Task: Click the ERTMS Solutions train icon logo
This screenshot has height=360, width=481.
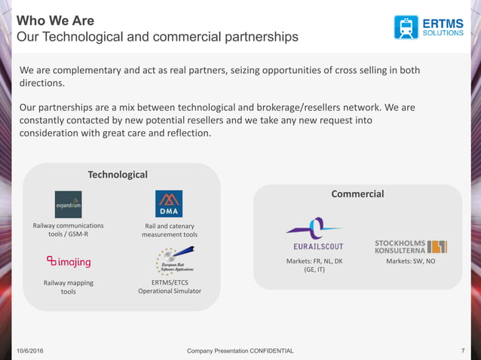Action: pyautogui.click(x=406, y=27)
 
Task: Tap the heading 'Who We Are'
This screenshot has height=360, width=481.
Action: pyautogui.click(x=57, y=20)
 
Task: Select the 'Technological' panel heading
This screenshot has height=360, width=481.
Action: pyautogui.click(x=118, y=175)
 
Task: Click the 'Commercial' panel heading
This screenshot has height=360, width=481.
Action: pyautogui.click(x=357, y=194)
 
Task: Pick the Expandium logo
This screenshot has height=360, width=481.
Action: pyautogui.click(x=68, y=204)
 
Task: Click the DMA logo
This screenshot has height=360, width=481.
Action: pyautogui.click(x=169, y=204)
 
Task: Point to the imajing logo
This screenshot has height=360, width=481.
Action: pyautogui.click(x=69, y=261)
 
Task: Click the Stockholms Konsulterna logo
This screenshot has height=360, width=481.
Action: pyautogui.click(x=410, y=246)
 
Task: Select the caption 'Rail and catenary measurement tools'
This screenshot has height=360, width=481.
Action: pyautogui.click(x=170, y=230)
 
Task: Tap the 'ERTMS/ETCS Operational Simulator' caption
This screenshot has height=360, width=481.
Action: pyautogui.click(x=170, y=286)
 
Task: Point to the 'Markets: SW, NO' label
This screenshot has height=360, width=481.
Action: pyautogui.click(x=411, y=261)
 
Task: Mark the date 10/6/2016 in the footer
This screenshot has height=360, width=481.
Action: pyautogui.click(x=29, y=352)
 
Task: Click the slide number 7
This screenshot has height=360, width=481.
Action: pyautogui.click(x=461, y=352)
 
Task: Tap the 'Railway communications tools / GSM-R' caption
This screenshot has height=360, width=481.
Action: pyautogui.click(x=69, y=230)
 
